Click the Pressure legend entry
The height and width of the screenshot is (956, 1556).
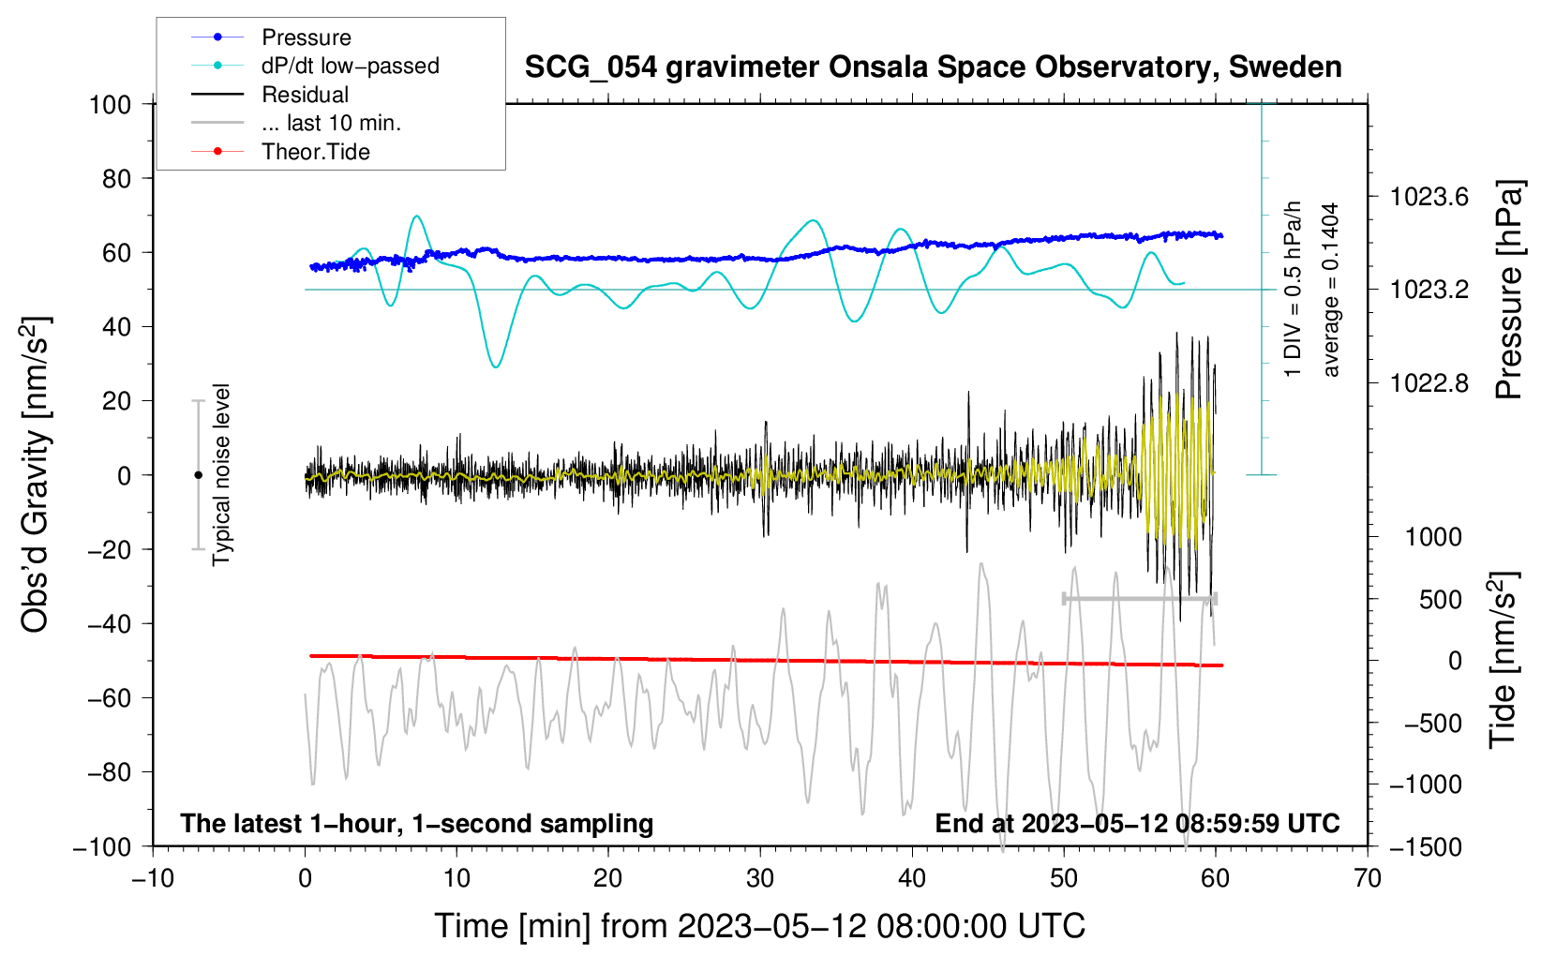(272, 37)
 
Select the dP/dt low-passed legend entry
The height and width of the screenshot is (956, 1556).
(315, 66)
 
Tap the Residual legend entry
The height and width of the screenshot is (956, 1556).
(270, 94)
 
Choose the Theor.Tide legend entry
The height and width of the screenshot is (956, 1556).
(280, 152)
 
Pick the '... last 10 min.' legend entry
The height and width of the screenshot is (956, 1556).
(296, 123)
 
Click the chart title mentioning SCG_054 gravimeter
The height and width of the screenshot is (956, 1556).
(933, 67)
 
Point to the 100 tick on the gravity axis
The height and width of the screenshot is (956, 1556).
(111, 105)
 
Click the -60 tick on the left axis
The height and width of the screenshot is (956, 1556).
(109, 698)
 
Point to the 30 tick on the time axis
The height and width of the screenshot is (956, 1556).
(760, 879)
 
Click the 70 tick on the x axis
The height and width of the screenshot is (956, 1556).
(1367, 879)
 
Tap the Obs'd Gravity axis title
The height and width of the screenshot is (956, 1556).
(35, 474)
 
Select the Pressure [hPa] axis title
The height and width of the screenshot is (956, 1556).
(1508, 290)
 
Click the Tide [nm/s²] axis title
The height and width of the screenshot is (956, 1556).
(1504, 660)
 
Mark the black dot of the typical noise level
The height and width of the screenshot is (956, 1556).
(198, 475)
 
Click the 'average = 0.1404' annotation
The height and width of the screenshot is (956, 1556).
(1330, 290)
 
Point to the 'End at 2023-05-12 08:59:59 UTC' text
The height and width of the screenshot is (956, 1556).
(1137, 823)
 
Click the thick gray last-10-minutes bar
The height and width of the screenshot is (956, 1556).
(1139, 599)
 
